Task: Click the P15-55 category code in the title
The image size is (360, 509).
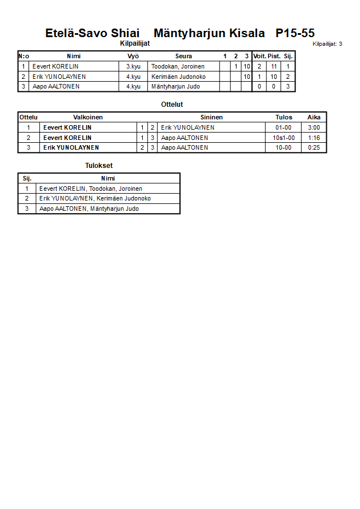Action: click(295, 33)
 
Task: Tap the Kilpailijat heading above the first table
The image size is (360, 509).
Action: click(135, 43)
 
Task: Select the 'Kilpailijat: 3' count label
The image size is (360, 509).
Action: click(327, 43)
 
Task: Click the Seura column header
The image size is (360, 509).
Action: click(183, 56)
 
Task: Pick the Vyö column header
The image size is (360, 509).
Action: click(133, 56)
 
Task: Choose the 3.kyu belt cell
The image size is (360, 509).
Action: click(133, 66)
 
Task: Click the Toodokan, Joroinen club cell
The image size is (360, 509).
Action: click(178, 66)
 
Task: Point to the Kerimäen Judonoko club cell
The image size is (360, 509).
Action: click(178, 77)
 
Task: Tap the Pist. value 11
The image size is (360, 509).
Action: click(274, 66)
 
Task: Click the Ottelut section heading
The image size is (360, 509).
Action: click(172, 105)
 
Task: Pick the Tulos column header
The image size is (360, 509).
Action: click(283, 117)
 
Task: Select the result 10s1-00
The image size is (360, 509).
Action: click(283, 138)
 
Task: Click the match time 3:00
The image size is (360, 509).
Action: click(314, 127)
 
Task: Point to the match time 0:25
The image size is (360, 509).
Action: click(314, 147)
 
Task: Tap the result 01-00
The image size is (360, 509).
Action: click(283, 127)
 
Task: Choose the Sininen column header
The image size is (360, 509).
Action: click(211, 117)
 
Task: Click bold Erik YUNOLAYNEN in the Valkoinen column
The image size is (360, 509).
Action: click(71, 147)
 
